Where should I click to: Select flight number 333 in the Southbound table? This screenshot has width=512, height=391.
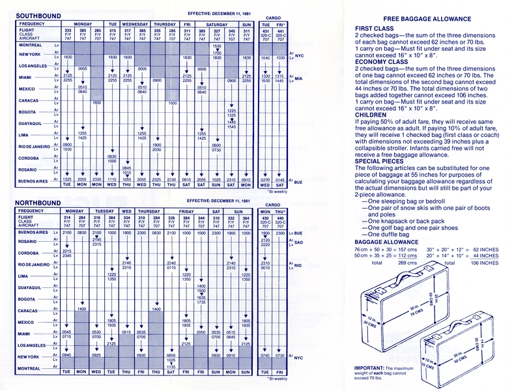(66, 31)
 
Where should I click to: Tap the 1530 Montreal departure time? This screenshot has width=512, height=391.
(217, 46)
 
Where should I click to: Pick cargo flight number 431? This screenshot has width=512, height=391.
(264, 31)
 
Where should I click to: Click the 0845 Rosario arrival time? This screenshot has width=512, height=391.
(127, 167)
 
